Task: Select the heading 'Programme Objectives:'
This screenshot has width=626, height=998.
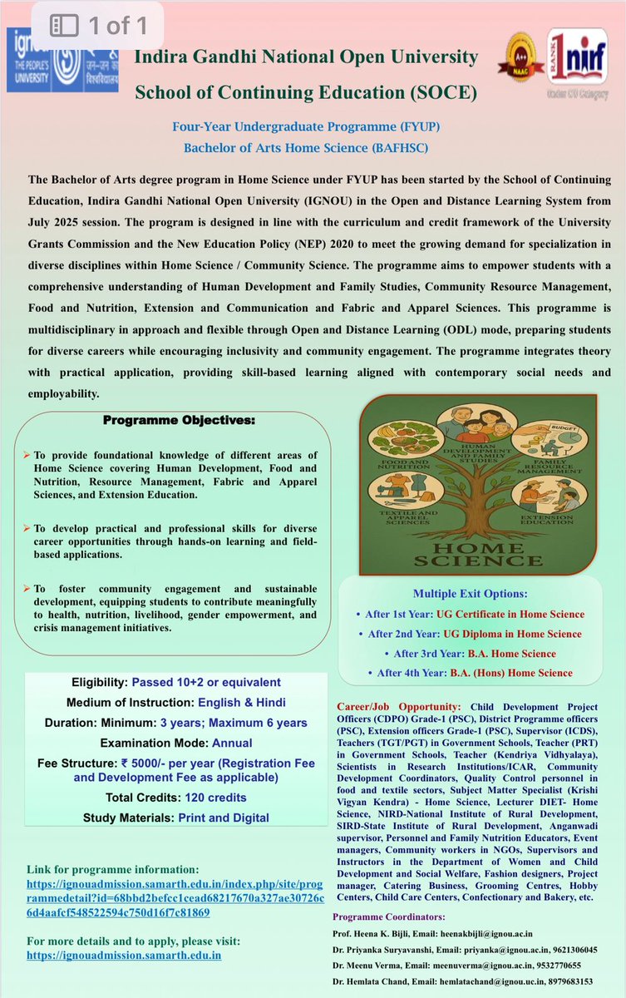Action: pyautogui.click(x=179, y=421)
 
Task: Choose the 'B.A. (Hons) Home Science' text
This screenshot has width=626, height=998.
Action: pyautogui.click(x=511, y=673)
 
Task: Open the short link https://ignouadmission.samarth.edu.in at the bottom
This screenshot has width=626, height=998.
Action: pyautogui.click(x=124, y=956)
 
